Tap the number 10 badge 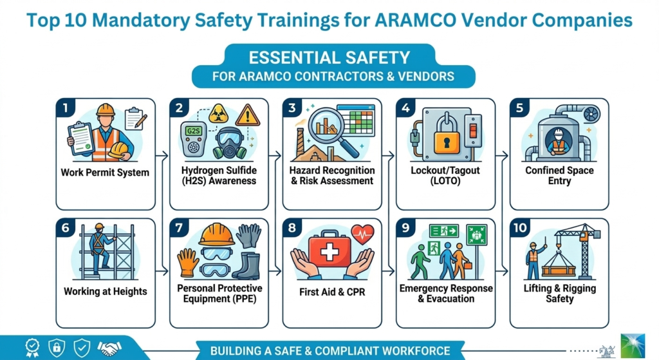pyautogui.click(x=519, y=228)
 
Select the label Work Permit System pyautogui.click(x=105, y=173)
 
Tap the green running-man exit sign pyautogui.click(x=444, y=231)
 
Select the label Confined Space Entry pyautogui.click(x=559, y=176)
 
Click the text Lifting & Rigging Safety pyautogui.click(x=558, y=294)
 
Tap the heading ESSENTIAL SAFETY pyautogui.click(x=329, y=57)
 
